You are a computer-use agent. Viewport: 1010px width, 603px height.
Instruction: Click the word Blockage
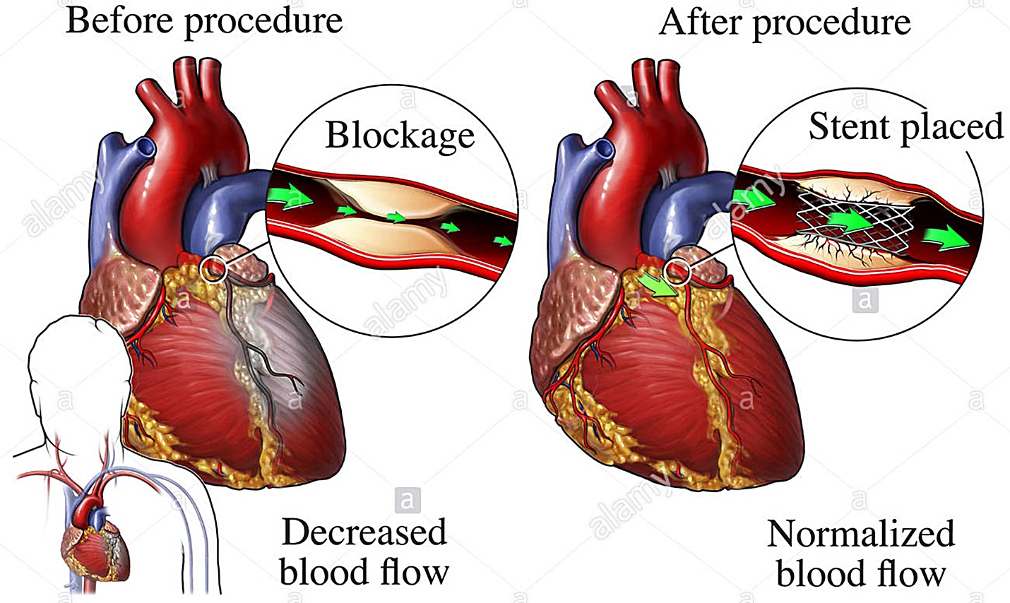pos(400,136)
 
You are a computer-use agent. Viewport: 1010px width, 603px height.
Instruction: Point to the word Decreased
pos(364,532)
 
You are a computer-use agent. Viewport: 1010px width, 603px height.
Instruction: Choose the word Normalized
pos(860,534)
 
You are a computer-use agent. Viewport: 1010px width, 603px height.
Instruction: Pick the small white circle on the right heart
pos(678,270)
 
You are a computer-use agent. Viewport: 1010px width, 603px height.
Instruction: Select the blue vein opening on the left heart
pos(145,147)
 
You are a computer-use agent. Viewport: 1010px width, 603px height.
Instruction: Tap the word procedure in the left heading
pos(263,20)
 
